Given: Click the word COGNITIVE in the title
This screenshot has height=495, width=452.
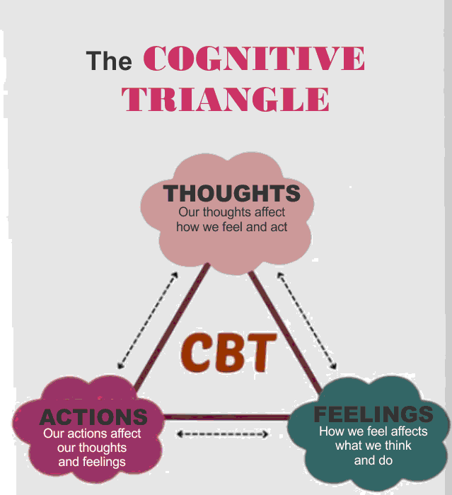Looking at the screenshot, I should click(254, 59).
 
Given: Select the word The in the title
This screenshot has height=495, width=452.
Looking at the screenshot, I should click(109, 61).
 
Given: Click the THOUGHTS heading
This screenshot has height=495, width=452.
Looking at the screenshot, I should click(231, 193).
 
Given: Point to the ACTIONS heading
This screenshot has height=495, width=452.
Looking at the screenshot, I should click(93, 417).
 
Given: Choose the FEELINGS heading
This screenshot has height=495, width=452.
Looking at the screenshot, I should click(373, 414).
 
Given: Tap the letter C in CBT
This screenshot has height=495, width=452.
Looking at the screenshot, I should click(197, 353).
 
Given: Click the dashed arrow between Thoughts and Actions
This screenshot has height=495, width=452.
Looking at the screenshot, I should click(147, 320).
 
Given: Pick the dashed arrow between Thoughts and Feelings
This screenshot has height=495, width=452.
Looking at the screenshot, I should click(306, 322).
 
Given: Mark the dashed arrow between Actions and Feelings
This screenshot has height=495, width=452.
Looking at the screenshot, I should click(221, 433).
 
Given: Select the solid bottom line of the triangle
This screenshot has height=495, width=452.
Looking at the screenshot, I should click(226, 417).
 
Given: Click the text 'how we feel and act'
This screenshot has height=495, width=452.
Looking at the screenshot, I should click(231, 227).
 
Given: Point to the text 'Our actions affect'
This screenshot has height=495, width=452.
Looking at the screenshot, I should click(92, 433).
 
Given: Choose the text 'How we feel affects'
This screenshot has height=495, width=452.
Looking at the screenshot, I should click(373, 431).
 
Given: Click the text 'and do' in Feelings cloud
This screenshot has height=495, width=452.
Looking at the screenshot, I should click(373, 460).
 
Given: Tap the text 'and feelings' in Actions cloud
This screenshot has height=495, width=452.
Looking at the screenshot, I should click(92, 462).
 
